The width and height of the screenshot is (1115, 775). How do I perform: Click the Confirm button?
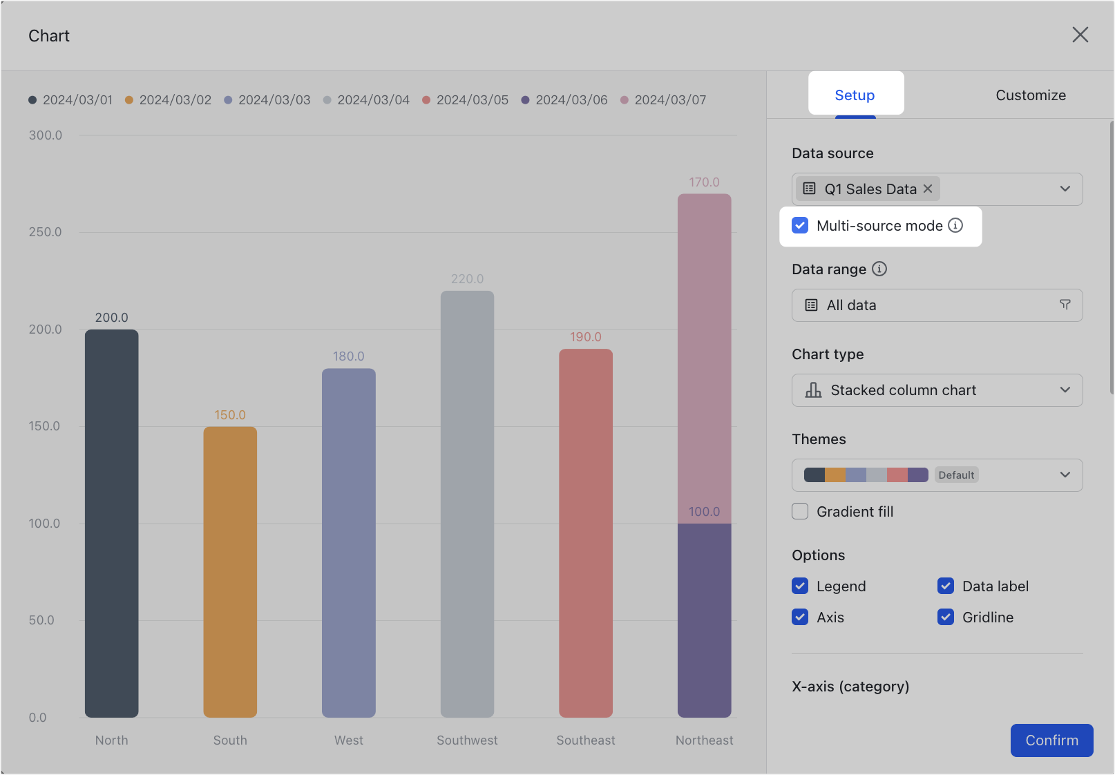click(1051, 740)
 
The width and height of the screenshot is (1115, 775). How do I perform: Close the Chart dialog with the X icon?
click(1080, 35)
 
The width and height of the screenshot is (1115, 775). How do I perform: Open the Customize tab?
click(1030, 95)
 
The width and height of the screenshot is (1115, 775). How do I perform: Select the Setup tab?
click(855, 95)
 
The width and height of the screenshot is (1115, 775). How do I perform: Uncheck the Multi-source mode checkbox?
click(800, 226)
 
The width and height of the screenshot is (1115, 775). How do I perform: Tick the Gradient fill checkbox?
click(800, 512)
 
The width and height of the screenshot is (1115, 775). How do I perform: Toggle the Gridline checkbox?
click(946, 618)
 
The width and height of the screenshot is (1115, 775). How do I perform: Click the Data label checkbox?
click(946, 586)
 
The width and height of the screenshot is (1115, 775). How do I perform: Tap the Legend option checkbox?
click(800, 586)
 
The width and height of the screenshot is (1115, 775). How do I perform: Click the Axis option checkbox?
click(800, 618)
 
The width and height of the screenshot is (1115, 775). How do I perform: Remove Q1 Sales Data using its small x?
click(928, 189)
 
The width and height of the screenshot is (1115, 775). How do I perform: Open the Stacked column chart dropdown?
click(936, 390)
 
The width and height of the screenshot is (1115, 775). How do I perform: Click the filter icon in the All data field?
click(1065, 305)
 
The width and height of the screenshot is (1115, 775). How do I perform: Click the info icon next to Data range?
click(879, 269)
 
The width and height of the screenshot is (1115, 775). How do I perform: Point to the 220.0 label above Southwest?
click(467, 279)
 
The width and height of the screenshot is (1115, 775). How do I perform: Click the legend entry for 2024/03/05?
click(465, 100)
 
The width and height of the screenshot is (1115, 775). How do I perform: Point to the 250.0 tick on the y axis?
click(46, 232)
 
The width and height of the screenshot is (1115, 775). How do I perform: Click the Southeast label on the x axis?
click(585, 740)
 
